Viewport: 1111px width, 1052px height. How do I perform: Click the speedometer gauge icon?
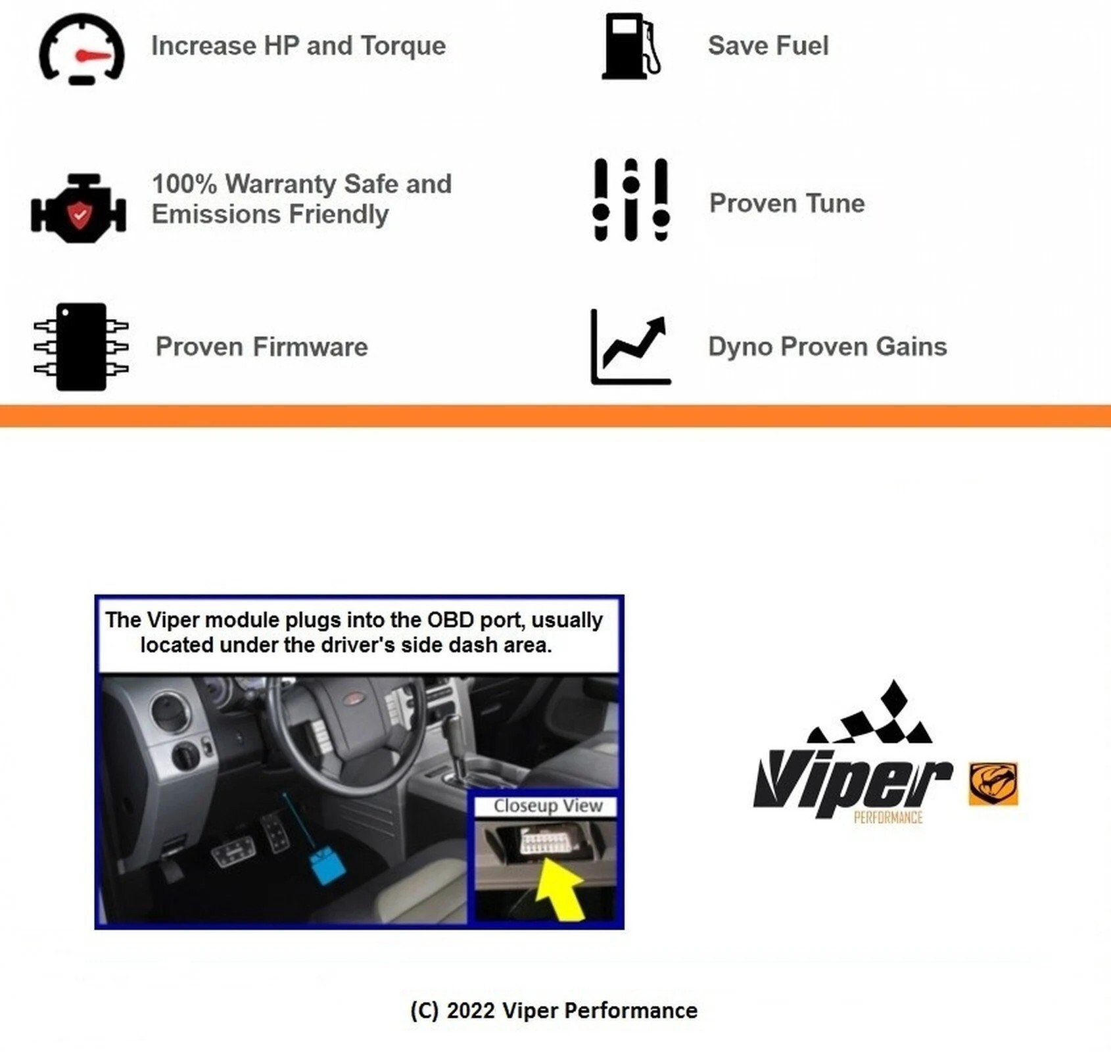(x=82, y=49)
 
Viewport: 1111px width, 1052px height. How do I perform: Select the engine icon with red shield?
(x=79, y=209)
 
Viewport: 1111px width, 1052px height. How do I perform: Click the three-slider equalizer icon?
(x=630, y=200)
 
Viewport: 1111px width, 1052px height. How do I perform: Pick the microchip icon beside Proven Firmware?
(x=81, y=347)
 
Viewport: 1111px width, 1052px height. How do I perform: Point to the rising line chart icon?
(x=630, y=347)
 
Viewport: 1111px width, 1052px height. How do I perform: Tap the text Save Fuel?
(x=767, y=46)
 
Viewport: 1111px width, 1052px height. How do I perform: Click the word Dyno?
(x=740, y=347)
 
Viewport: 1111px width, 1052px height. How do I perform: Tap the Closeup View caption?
(x=547, y=805)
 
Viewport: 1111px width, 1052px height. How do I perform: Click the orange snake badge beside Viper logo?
(x=993, y=784)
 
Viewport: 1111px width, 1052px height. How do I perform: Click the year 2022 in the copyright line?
(x=470, y=1010)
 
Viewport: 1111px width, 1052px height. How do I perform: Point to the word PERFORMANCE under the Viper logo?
(x=887, y=817)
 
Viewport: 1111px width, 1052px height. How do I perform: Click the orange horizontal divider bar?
(x=555, y=416)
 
